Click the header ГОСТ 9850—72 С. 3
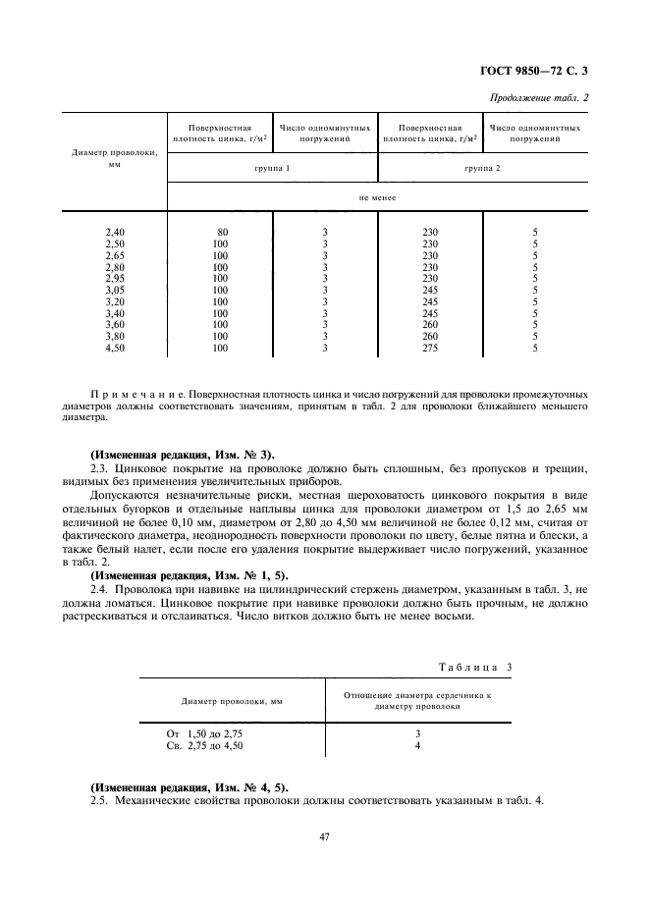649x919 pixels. coord(541,70)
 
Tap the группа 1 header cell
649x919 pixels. coord(272,169)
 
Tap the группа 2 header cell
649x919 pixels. coord(483,169)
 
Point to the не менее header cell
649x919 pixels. coord(378,196)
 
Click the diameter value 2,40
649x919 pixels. coord(115,232)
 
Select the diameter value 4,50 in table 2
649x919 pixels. coord(115,348)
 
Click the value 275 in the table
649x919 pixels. coord(430,348)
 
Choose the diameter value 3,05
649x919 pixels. coord(115,290)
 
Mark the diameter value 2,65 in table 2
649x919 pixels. coord(115,255)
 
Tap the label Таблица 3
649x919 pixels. coord(475,668)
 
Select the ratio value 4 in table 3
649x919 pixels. coord(417,746)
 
